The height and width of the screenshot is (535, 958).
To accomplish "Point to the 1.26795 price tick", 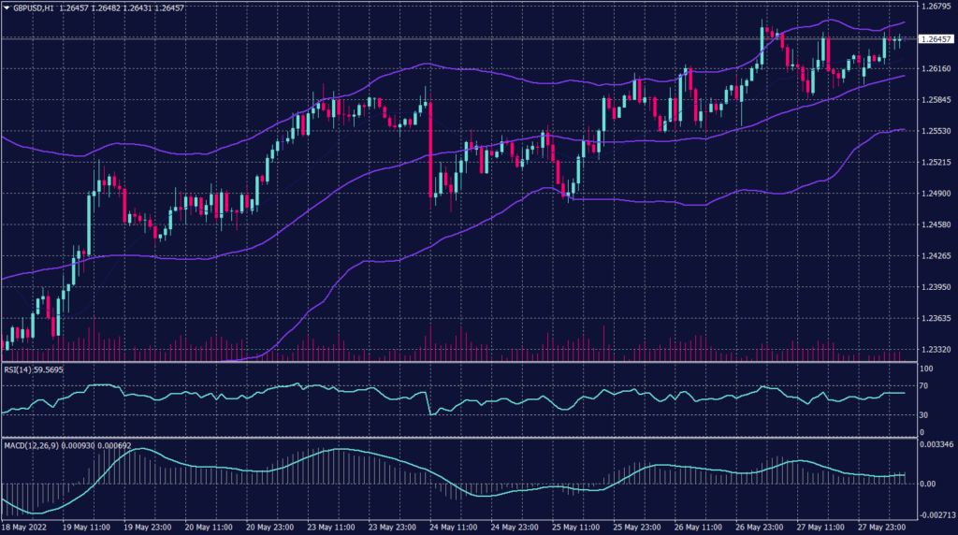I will (x=936, y=7).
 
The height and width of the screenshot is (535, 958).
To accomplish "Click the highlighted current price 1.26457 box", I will (x=936, y=39).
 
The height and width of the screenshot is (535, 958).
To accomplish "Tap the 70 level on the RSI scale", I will (x=923, y=384).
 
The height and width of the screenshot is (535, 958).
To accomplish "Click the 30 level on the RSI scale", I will (x=923, y=414).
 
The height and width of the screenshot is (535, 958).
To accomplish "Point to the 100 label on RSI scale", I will (x=925, y=369).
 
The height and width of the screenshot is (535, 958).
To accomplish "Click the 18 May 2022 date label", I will (x=23, y=528).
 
